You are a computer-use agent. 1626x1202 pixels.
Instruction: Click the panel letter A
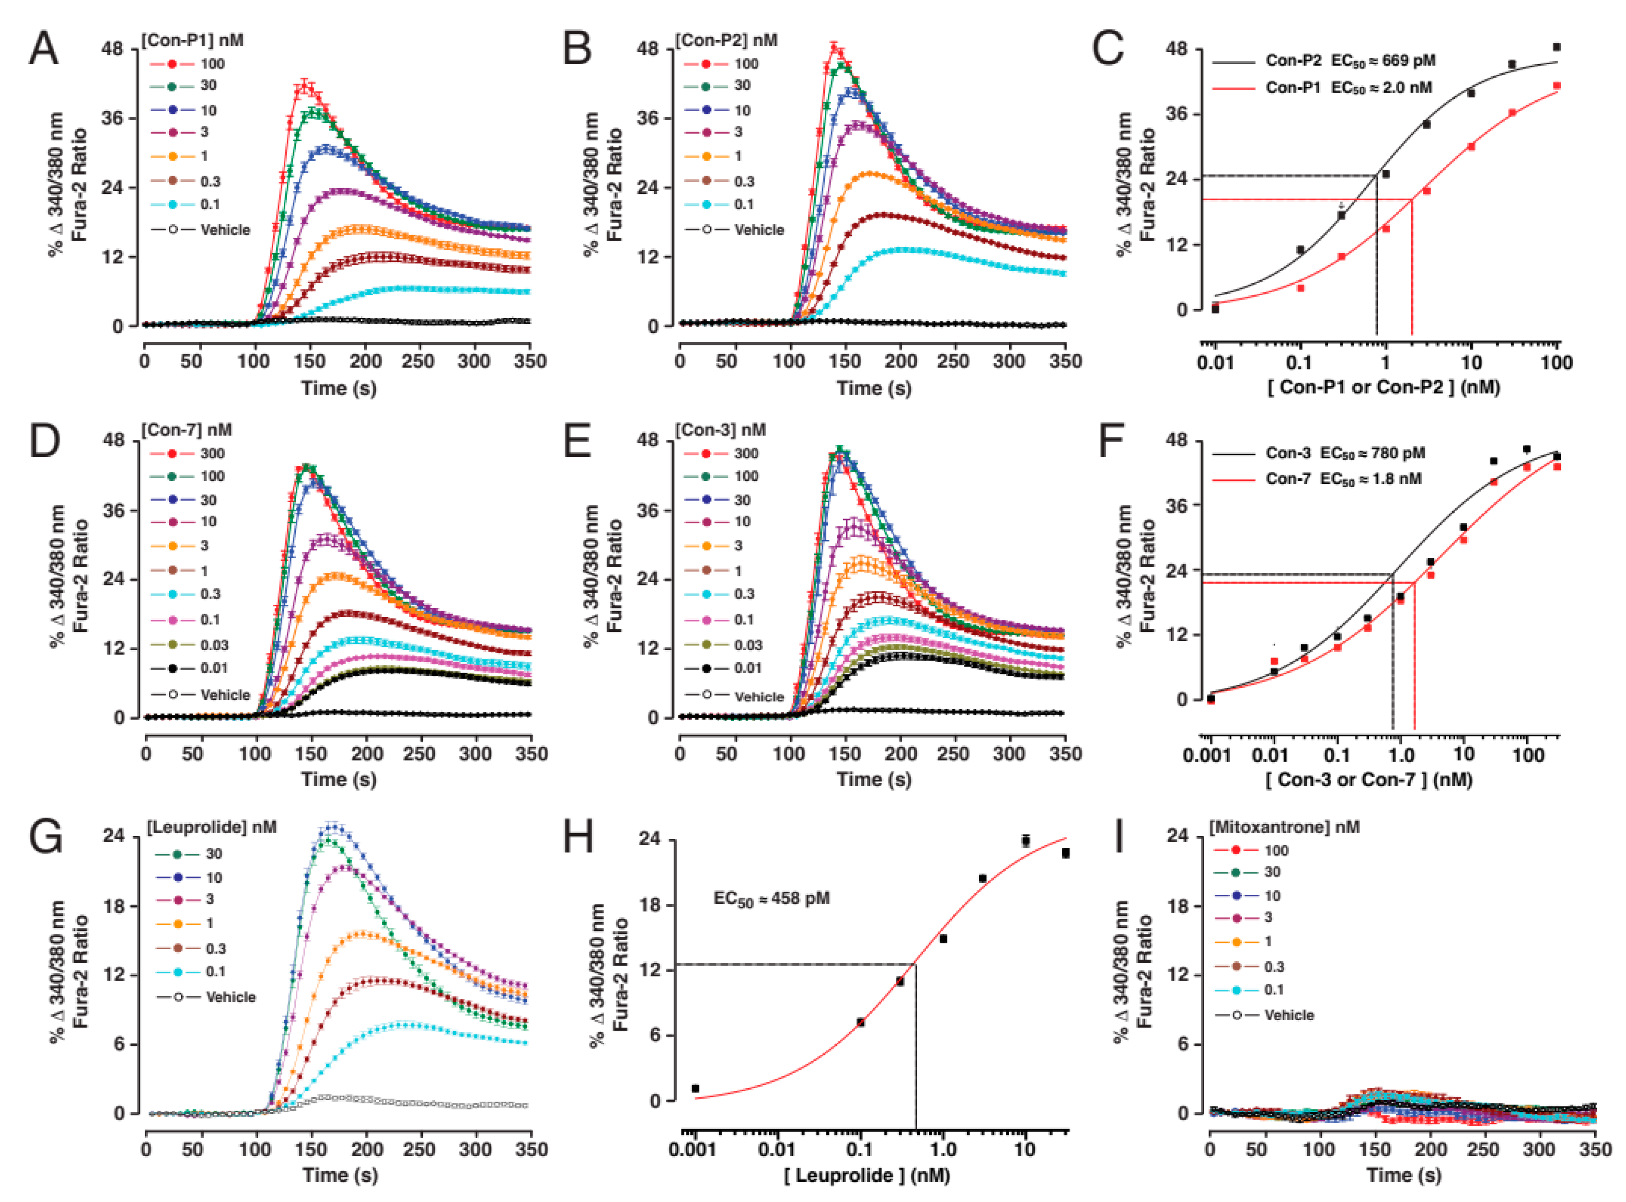(x=43, y=50)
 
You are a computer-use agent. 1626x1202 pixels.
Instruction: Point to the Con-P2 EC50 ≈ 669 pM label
(x=1350, y=60)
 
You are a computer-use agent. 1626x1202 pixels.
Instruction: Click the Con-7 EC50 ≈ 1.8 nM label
(x=1343, y=479)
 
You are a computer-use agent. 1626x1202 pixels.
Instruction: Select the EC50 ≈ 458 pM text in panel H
(x=772, y=899)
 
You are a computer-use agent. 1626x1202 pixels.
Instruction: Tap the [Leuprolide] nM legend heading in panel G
(x=212, y=827)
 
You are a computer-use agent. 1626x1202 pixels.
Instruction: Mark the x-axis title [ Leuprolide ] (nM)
(x=867, y=1175)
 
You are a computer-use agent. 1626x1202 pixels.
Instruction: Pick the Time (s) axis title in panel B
(x=874, y=388)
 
